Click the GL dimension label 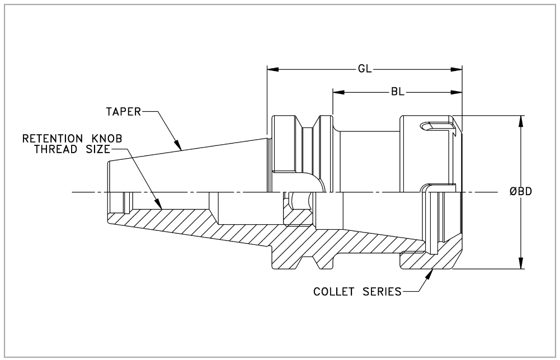(365, 69)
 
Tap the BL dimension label (398, 92)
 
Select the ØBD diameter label (521, 192)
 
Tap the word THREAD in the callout (56, 149)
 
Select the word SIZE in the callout (97, 149)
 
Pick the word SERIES (382, 291)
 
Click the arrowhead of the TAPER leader (177, 144)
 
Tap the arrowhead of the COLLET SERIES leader (430, 274)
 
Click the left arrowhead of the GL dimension (273, 69)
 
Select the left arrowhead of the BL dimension (338, 92)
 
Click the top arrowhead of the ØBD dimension (521, 121)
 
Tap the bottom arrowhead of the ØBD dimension (521, 263)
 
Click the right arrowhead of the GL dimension (456, 69)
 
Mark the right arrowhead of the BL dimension (456, 92)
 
